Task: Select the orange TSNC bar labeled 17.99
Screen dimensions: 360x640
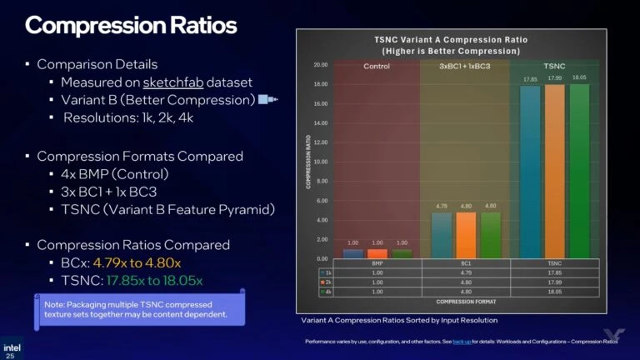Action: click(554, 171)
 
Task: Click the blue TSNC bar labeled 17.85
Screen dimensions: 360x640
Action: click(530, 172)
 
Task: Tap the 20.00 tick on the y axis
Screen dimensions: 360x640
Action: click(320, 64)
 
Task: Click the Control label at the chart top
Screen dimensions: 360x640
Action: click(376, 67)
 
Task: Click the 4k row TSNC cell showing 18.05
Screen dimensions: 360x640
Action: click(553, 292)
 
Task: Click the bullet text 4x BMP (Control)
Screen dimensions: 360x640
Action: click(114, 174)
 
